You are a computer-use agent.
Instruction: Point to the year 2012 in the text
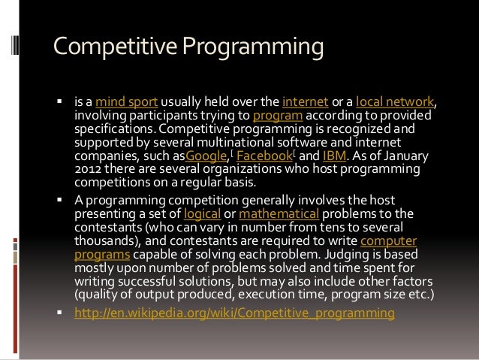pos(87,171)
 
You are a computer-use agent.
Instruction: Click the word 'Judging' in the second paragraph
pos(349,254)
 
